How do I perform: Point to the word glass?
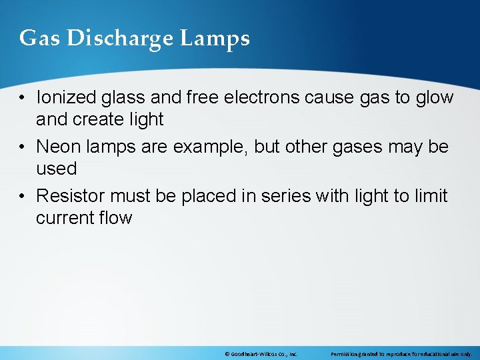tap(124, 98)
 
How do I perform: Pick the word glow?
tap(434, 98)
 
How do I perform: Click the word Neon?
tap(58, 146)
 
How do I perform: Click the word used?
tap(56, 168)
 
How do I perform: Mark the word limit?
tap(429, 195)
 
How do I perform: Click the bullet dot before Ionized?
tap(23, 98)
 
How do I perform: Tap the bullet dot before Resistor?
tap(23, 196)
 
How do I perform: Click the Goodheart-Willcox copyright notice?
tap(261, 354)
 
